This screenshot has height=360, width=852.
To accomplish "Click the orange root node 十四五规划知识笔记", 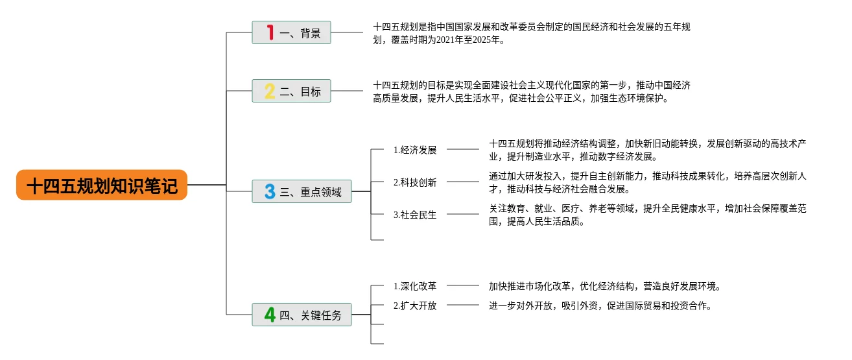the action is point(102,186).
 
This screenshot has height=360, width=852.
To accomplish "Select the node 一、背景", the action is point(291,32).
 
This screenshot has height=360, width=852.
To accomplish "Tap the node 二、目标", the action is point(291,91).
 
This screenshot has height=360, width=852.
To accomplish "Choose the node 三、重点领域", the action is point(302,192).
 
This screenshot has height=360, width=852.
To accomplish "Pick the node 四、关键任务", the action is point(302,315).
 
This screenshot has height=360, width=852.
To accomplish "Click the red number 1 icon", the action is point(270,32).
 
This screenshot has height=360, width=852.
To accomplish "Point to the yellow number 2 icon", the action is point(270,91).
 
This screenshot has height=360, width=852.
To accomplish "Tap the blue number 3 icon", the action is point(270,192).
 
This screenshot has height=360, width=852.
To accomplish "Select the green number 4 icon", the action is point(270,315).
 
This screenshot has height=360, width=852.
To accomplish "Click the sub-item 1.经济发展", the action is point(415,150).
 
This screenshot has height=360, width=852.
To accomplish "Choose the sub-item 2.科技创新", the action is point(415,182).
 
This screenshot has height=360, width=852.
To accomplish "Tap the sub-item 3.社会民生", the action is point(415,215).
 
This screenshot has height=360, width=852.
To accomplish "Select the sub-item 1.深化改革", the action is point(415,286).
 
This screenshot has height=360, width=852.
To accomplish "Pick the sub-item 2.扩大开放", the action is point(415,306).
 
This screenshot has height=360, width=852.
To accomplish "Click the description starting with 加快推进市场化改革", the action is point(605,286).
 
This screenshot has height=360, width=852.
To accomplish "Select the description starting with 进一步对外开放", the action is point(600,306).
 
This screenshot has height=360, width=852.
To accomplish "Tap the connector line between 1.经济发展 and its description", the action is point(463,149).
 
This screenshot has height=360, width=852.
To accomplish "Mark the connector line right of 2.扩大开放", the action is point(463,305).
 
